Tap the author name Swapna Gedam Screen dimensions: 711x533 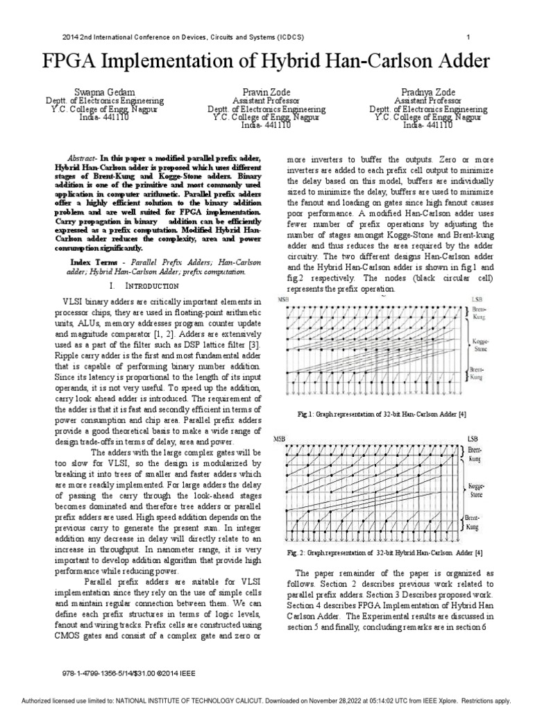[105, 92]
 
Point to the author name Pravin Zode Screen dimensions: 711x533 [267, 92]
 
